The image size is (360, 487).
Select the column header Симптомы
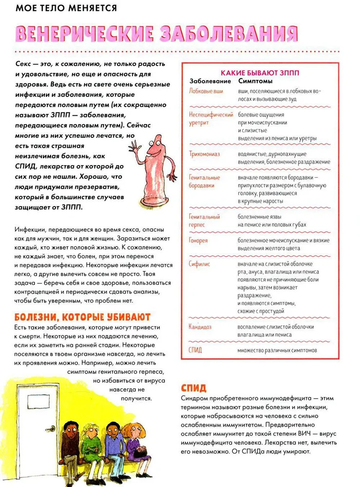(255, 81)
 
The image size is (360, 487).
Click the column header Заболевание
(210, 81)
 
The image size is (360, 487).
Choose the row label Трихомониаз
(205, 154)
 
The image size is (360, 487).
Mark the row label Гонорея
(198, 241)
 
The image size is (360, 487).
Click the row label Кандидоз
(200, 327)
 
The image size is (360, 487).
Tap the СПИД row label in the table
(195, 350)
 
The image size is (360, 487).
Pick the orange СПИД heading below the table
(193, 388)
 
